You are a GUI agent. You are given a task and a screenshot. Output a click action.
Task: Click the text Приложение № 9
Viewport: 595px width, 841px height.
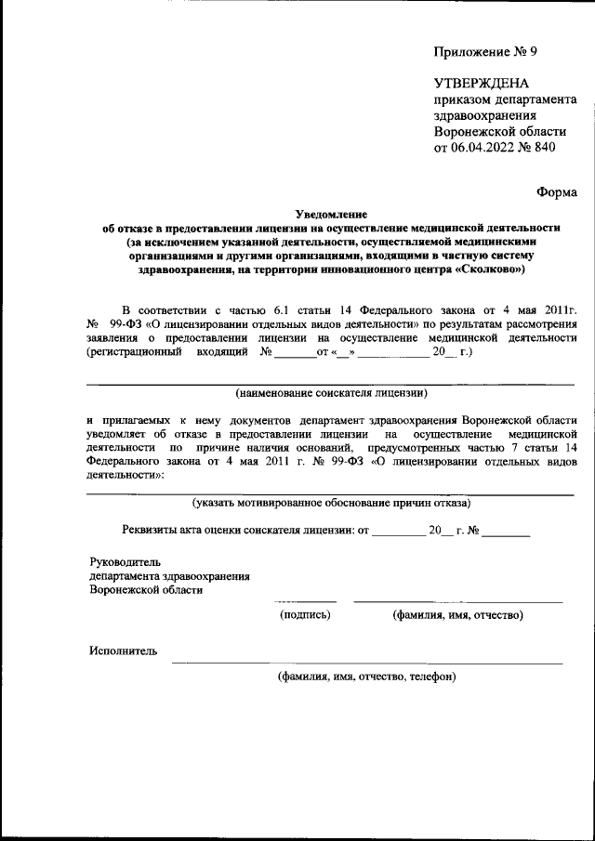pos(484,51)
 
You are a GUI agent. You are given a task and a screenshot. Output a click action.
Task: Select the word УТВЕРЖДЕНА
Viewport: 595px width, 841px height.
pos(482,83)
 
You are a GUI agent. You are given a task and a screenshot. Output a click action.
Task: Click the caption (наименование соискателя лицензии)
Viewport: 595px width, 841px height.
pos(331,392)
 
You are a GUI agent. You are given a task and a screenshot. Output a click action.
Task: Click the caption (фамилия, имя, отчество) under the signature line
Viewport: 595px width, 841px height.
pos(457,614)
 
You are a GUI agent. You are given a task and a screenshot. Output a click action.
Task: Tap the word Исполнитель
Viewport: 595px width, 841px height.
pos(124,650)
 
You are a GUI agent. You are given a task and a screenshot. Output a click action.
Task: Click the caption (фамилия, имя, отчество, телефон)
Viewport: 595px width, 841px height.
pos(366,677)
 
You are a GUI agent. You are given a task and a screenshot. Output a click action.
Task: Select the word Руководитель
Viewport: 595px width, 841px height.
pos(126,562)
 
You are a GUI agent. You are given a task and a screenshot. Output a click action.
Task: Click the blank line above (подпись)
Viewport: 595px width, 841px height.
pos(305,601)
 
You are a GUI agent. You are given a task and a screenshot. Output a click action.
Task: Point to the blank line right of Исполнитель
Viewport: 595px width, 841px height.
pos(366,663)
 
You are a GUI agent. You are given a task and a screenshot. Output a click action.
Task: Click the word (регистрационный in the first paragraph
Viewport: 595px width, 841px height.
pos(132,353)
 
